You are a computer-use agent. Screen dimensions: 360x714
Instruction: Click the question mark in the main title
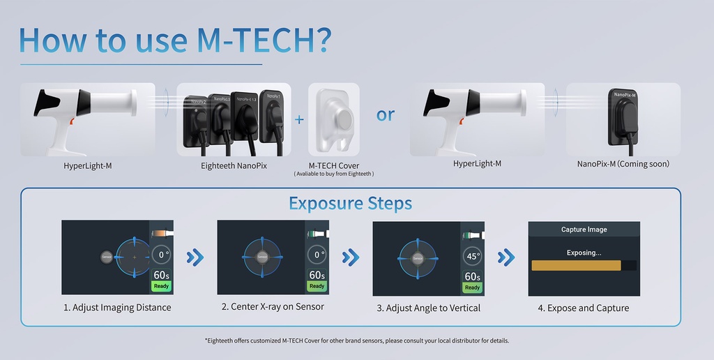(x=317, y=40)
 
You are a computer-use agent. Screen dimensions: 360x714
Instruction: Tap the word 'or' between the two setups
(x=386, y=114)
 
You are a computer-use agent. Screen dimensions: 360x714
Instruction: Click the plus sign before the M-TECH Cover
(x=299, y=119)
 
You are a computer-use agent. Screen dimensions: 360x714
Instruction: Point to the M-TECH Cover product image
(x=333, y=120)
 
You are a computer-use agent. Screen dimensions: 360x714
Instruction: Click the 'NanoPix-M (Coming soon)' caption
(x=623, y=164)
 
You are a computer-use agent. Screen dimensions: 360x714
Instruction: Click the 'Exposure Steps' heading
(x=350, y=204)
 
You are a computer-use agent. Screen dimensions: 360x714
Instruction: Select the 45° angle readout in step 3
(x=473, y=256)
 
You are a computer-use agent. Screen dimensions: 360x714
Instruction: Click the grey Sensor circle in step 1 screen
(x=107, y=257)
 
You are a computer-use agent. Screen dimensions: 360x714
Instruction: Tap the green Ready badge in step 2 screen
(x=317, y=286)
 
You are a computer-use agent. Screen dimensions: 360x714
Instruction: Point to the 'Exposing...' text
(x=584, y=253)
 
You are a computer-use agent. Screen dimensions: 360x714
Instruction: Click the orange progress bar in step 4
(x=576, y=266)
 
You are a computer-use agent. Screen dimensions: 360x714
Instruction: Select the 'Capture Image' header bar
(x=584, y=230)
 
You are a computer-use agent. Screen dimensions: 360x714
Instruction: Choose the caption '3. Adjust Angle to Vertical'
(x=427, y=308)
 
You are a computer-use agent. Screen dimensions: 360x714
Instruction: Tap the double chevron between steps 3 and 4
(x=506, y=257)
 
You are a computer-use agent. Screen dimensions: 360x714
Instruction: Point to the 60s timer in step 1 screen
(x=161, y=275)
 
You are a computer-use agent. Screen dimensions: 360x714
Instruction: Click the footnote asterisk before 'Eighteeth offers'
(x=206, y=340)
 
